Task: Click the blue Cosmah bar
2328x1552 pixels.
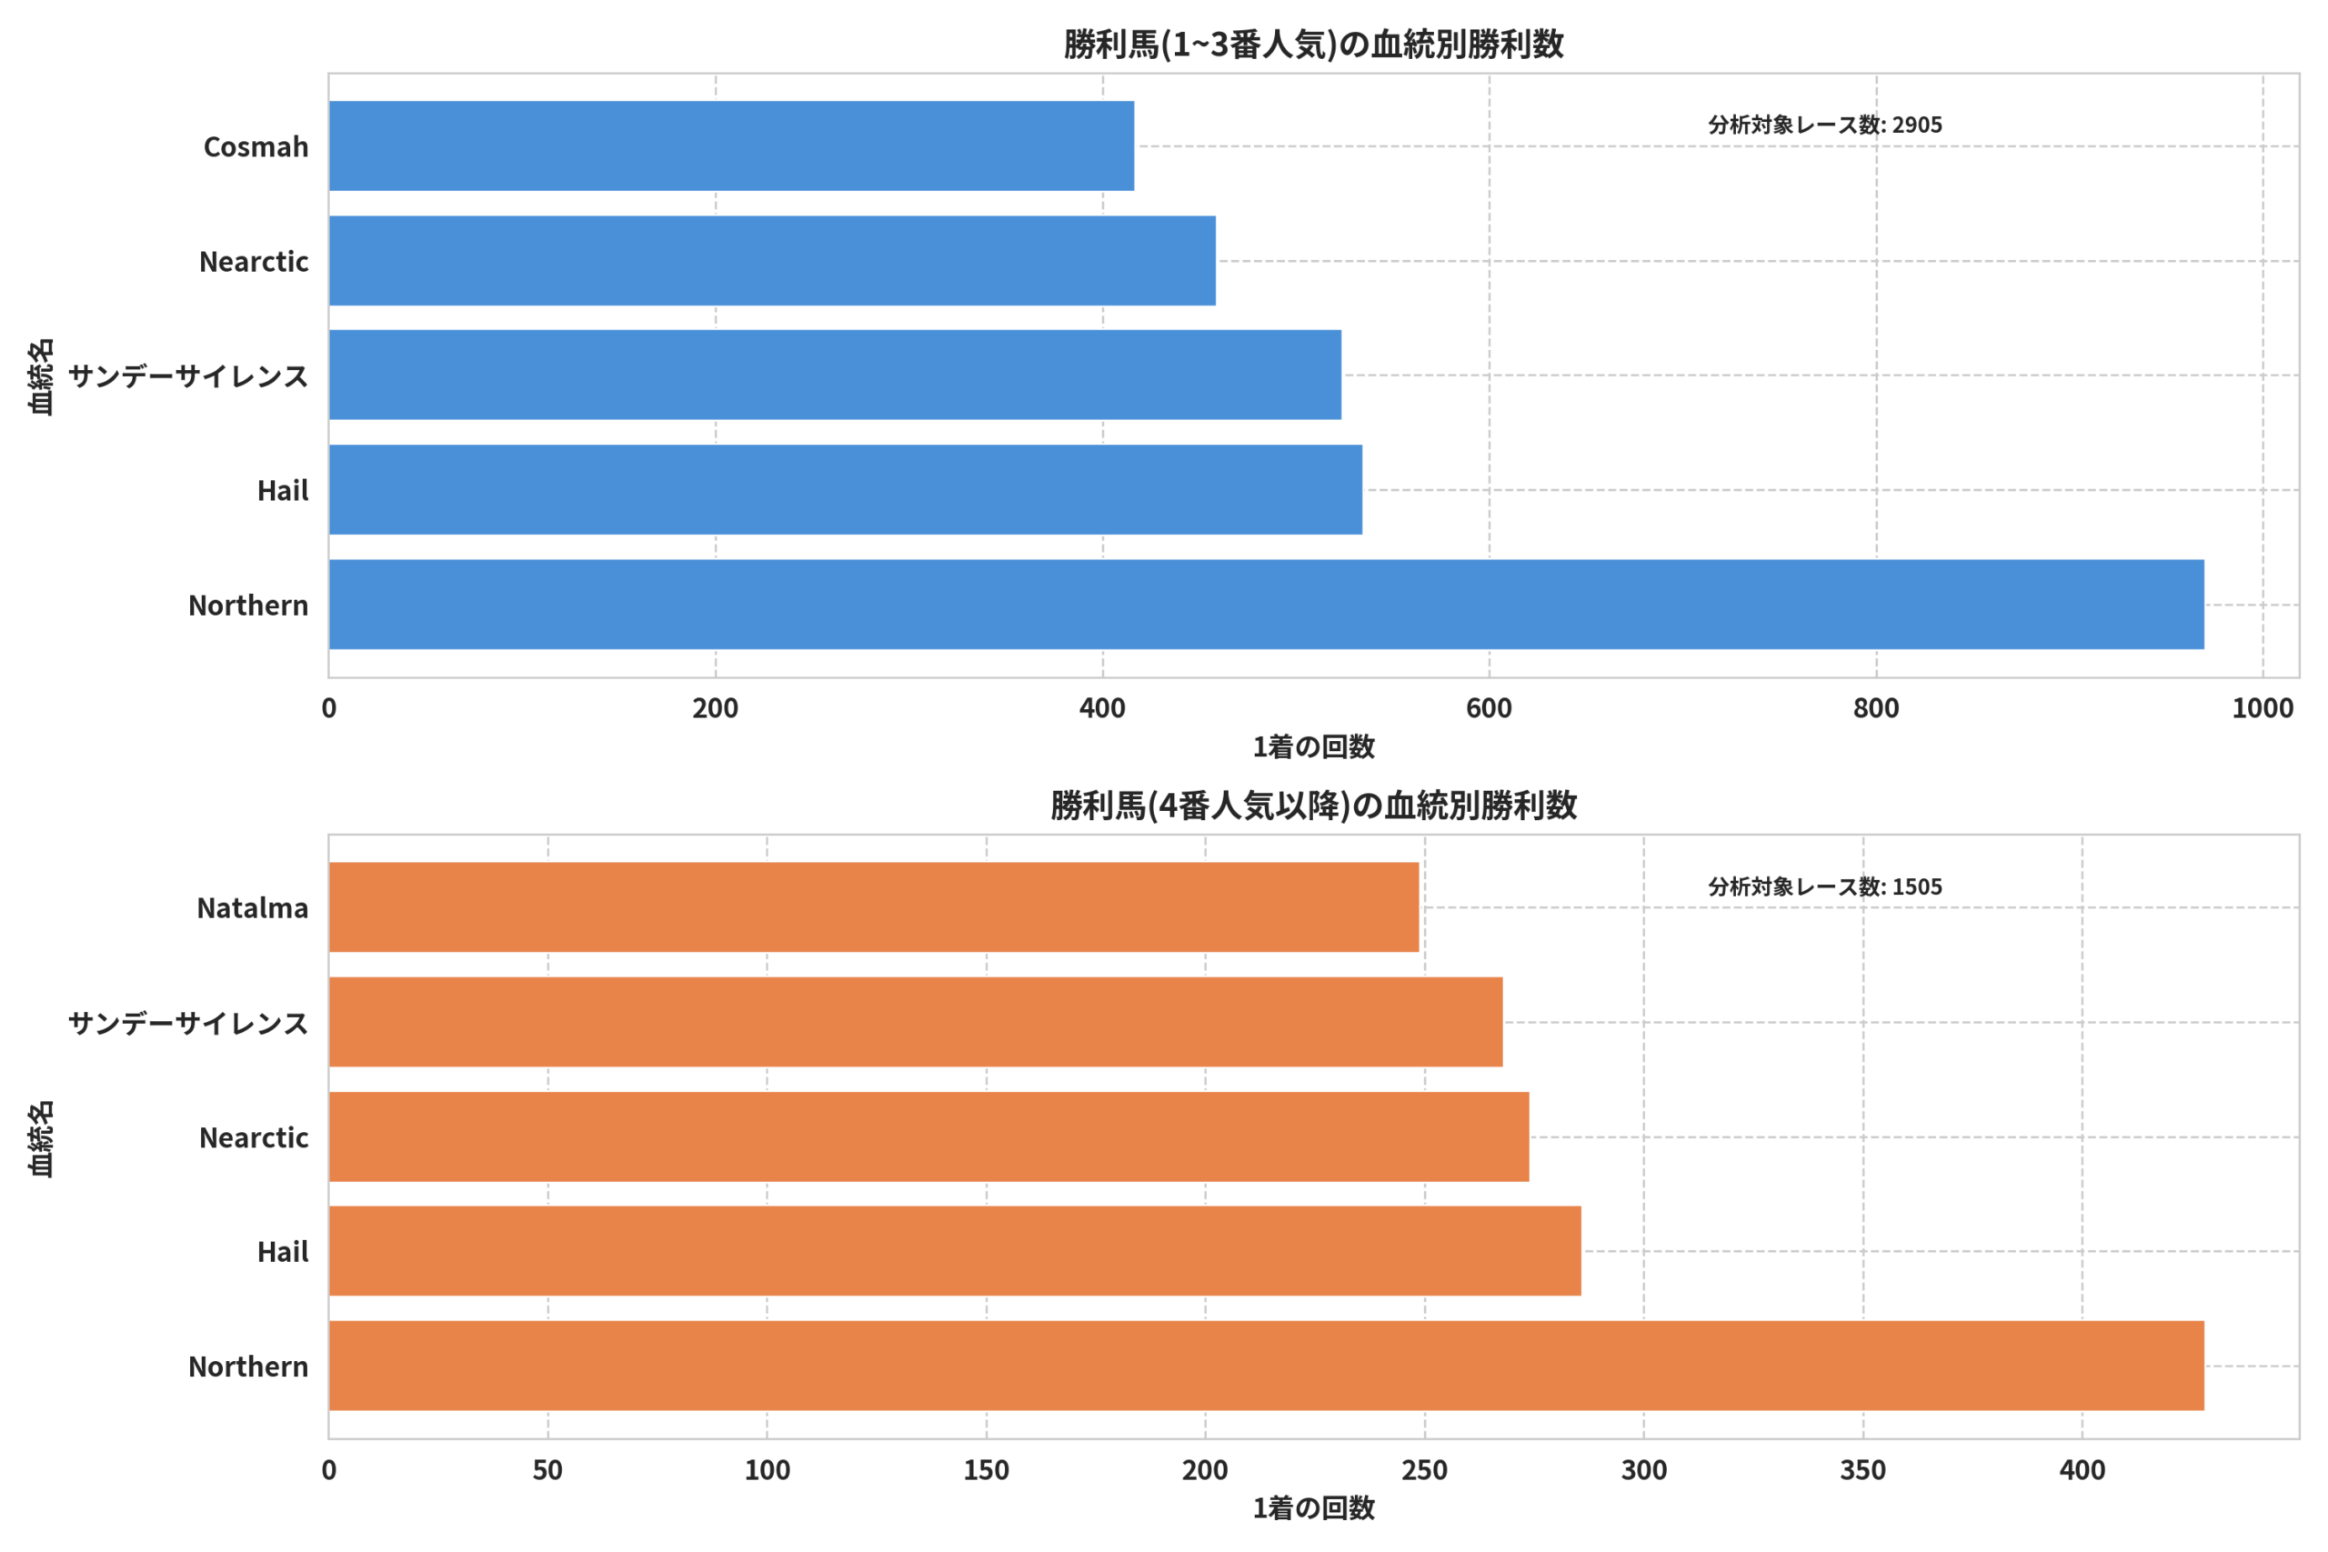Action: (731, 145)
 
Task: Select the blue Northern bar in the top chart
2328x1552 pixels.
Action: (1267, 604)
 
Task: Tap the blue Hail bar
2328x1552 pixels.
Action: (846, 489)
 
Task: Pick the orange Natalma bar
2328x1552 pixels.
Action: (874, 906)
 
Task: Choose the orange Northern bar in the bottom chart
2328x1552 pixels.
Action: (1267, 1365)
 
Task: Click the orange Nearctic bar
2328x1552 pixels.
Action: (929, 1136)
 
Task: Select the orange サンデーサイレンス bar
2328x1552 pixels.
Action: (916, 1021)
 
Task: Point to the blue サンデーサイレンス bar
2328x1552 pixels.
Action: (836, 375)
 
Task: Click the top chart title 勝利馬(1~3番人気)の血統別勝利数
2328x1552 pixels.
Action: (1313, 45)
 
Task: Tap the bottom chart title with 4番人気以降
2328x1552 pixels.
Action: (1313, 806)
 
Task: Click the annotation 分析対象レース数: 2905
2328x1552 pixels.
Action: (1825, 125)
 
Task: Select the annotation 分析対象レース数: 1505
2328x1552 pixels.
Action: (1825, 886)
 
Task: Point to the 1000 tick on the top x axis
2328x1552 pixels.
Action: (2263, 708)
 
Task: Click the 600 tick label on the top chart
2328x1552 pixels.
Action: (1489, 708)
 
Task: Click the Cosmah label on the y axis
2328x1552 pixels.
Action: (256, 146)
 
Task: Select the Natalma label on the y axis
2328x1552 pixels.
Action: (253, 907)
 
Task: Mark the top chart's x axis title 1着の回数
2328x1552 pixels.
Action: (1313, 747)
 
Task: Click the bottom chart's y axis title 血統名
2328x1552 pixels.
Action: (41, 1138)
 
